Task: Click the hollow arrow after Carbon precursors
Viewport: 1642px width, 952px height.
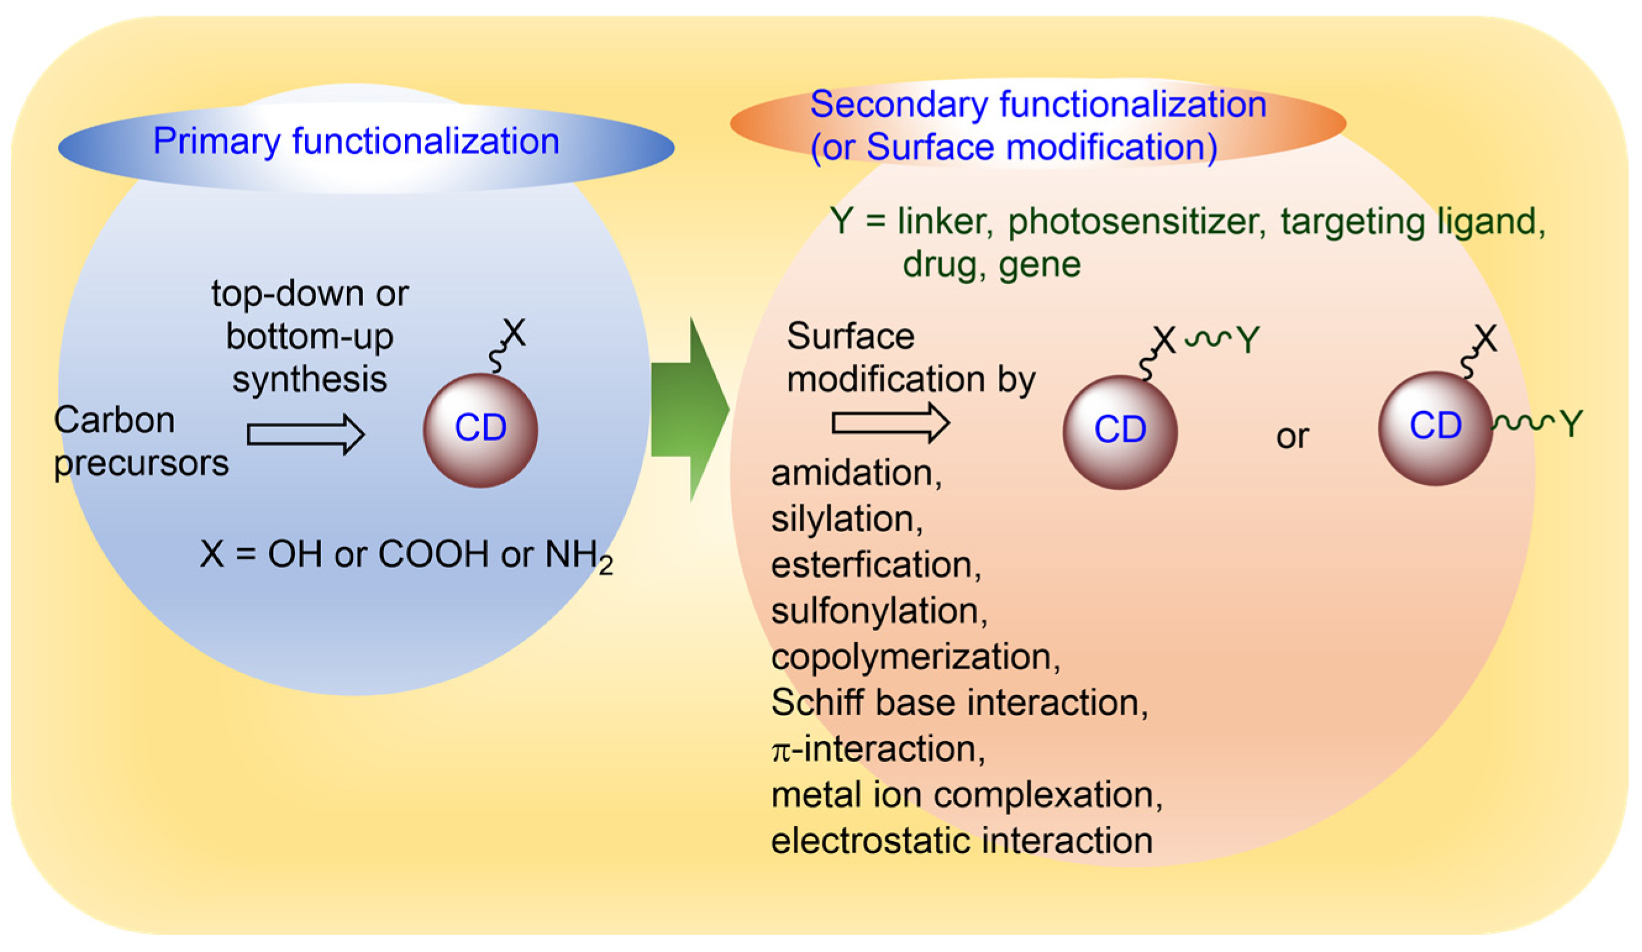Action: (x=305, y=434)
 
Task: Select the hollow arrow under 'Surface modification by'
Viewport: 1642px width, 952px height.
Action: (x=890, y=423)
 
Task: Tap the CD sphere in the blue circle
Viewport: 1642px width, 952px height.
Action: (x=480, y=430)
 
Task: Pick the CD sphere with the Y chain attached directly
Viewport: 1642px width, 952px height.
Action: (x=1435, y=427)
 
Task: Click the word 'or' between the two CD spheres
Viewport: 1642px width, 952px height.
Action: (x=1291, y=436)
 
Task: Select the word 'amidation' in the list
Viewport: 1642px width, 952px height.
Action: (x=854, y=472)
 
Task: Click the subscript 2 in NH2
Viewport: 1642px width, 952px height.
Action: (x=606, y=566)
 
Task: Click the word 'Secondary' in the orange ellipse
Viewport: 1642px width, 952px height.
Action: (x=898, y=104)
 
